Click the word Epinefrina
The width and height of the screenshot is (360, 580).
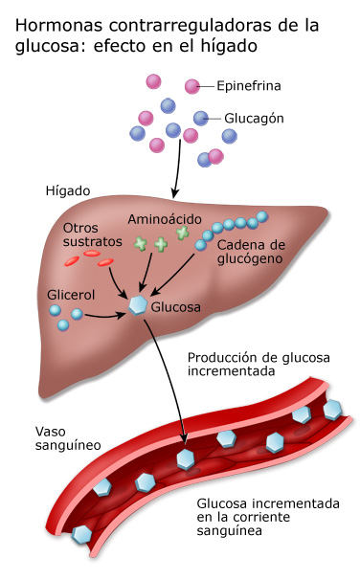tap(249, 86)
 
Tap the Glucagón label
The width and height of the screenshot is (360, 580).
tap(254, 119)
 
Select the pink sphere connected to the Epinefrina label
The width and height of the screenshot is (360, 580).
tap(192, 86)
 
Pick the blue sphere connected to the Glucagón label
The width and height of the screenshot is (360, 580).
tap(201, 119)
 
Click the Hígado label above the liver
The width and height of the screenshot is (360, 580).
tap(68, 190)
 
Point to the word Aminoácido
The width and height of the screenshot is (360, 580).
tap(165, 219)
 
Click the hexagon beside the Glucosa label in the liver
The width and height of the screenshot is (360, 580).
tap(138, 305)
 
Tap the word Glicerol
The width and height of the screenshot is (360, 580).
tap(66, 295)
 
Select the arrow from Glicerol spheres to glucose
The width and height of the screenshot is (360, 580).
tap(105, 317)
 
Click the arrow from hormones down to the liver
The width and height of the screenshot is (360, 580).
tap(177, 168)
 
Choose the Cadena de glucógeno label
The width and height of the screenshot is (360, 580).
tap(251, 252)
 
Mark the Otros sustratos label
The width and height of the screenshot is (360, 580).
tap(92, 234)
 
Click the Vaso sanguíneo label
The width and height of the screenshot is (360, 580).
tap(68, 438)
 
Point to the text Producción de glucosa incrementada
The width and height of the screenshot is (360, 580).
tap(259, 364)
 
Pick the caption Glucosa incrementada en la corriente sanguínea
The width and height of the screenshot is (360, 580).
tap(268, 517)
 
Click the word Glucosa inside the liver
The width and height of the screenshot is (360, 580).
tap(176, 307)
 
